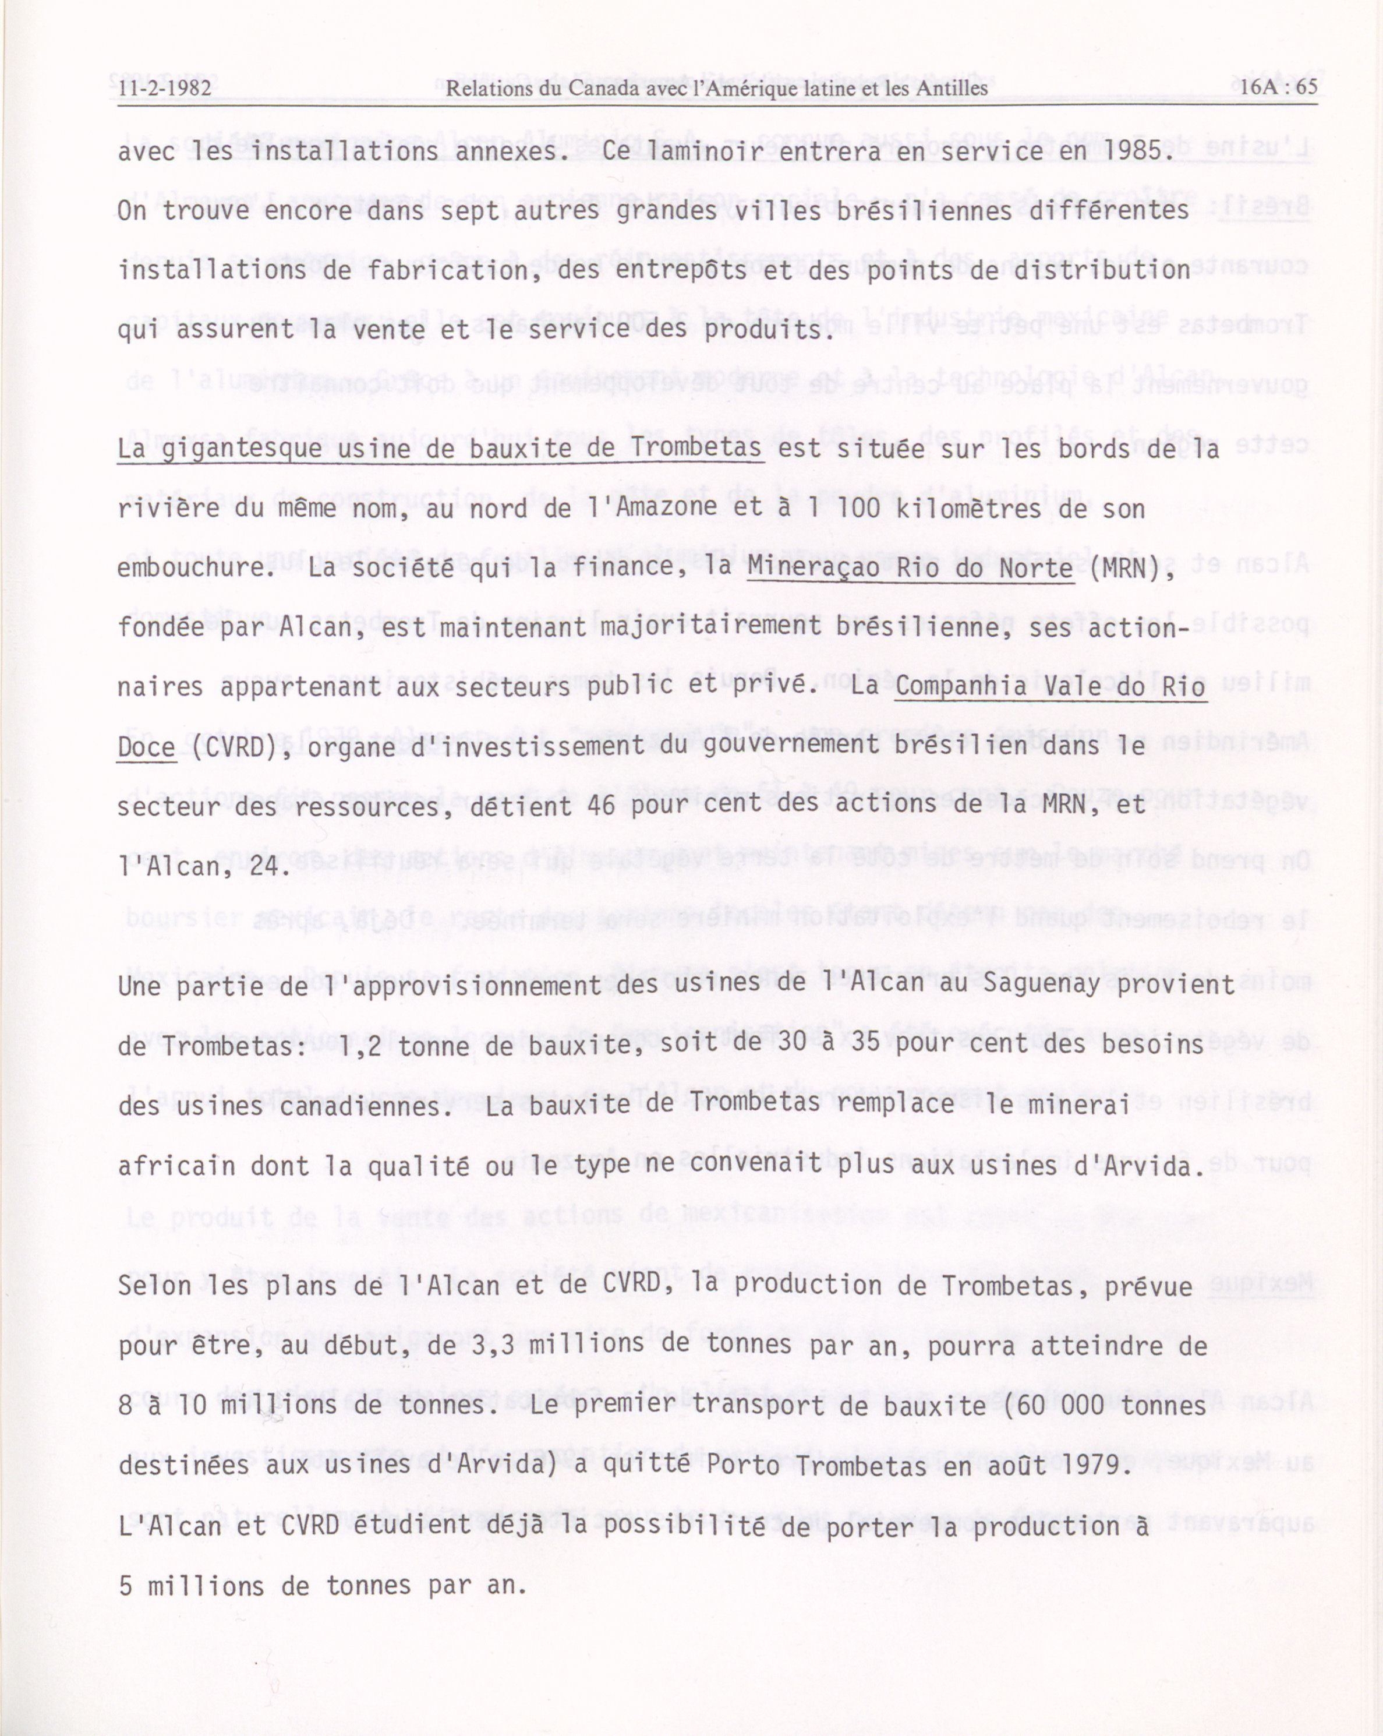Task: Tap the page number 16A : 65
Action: [x=1278, y=86]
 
